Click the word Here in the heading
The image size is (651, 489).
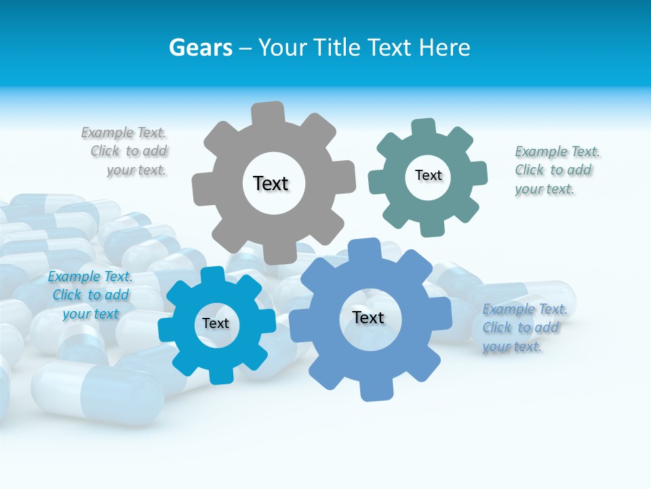(x=444, y=48)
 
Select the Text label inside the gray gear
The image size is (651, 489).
(x=271, y=183)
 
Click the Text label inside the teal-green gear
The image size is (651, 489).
(x=428, y=175)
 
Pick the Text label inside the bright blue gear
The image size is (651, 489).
(x=215, y=323)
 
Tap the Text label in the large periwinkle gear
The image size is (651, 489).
(x=368, y=317)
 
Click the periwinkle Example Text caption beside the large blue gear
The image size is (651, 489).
(x=524, y=327)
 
